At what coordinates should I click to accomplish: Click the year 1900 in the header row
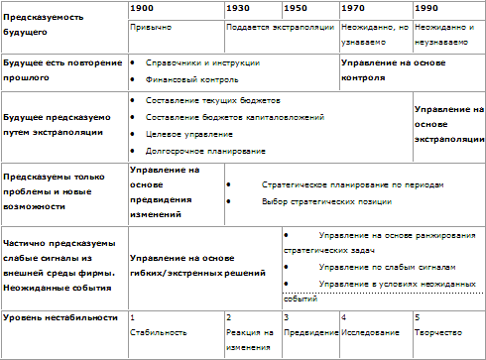tap(141, 8)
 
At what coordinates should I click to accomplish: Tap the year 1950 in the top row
tap(295, 8)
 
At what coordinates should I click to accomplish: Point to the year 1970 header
tap(352, 8)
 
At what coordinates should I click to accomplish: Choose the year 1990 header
tap(426, 8)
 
